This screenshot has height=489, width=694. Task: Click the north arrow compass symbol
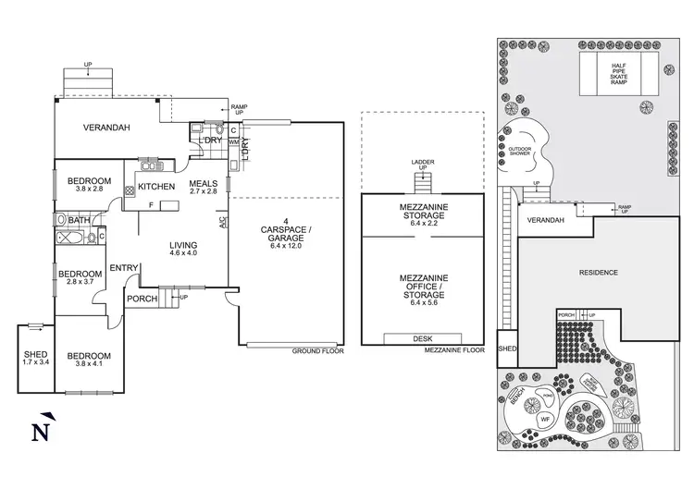pos(39,429)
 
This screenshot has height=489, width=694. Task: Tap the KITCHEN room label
pos(156,187)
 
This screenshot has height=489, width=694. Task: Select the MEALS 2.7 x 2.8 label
pos(203,187)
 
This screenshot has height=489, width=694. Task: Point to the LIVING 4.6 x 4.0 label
pos(183,250)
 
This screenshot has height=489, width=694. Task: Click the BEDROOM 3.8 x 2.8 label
pos(90,184)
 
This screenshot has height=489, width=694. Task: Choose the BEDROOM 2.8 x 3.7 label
pos(79,278)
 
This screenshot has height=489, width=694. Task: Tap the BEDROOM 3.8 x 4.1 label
pos(89,360)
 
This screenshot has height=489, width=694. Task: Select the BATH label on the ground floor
pos(79,220)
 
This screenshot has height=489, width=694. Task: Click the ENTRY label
pos(123,268)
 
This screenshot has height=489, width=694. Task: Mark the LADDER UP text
pos(422,166)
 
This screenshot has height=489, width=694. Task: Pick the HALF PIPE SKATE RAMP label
pos(618,71)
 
